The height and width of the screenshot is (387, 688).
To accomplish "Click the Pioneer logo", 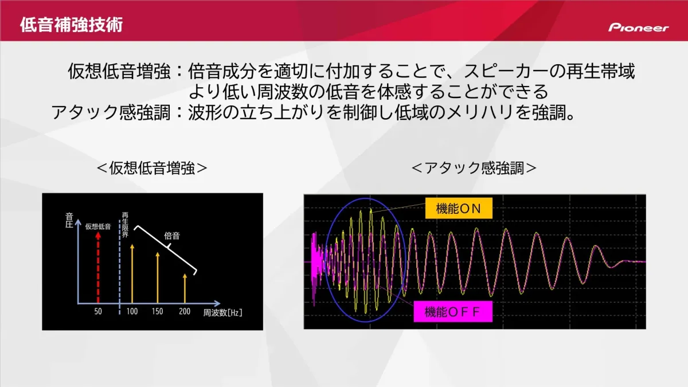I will coord(638,28).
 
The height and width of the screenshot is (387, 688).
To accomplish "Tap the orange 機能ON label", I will coord(459,209).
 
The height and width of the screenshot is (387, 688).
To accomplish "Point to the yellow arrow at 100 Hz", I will coord(132,272).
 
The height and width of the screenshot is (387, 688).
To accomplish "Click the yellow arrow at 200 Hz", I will coord(184,287).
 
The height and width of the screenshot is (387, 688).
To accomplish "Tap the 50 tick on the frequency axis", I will coord(98,312).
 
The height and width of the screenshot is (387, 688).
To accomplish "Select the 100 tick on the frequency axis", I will coord(132,312).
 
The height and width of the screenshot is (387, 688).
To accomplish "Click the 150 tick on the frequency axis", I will coord(158,312).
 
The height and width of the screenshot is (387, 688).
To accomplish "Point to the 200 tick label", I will coord(184,312).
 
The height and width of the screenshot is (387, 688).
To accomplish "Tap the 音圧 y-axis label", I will coord(69,220).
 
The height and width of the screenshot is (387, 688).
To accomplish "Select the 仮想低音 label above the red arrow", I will coord(98,226).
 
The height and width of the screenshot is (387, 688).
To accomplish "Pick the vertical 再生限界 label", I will coord(124,224).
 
